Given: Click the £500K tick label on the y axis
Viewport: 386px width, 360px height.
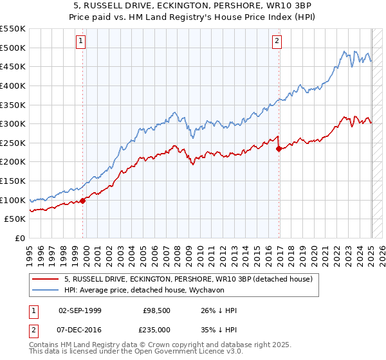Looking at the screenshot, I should [13, 48].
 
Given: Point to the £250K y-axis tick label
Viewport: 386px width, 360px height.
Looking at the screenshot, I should [13, 143].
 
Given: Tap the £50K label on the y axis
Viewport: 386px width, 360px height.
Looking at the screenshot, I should [15, 219].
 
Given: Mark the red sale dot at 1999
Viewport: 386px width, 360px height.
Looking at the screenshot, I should [83, 200].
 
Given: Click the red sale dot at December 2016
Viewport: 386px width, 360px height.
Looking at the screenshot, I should [279, 148].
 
